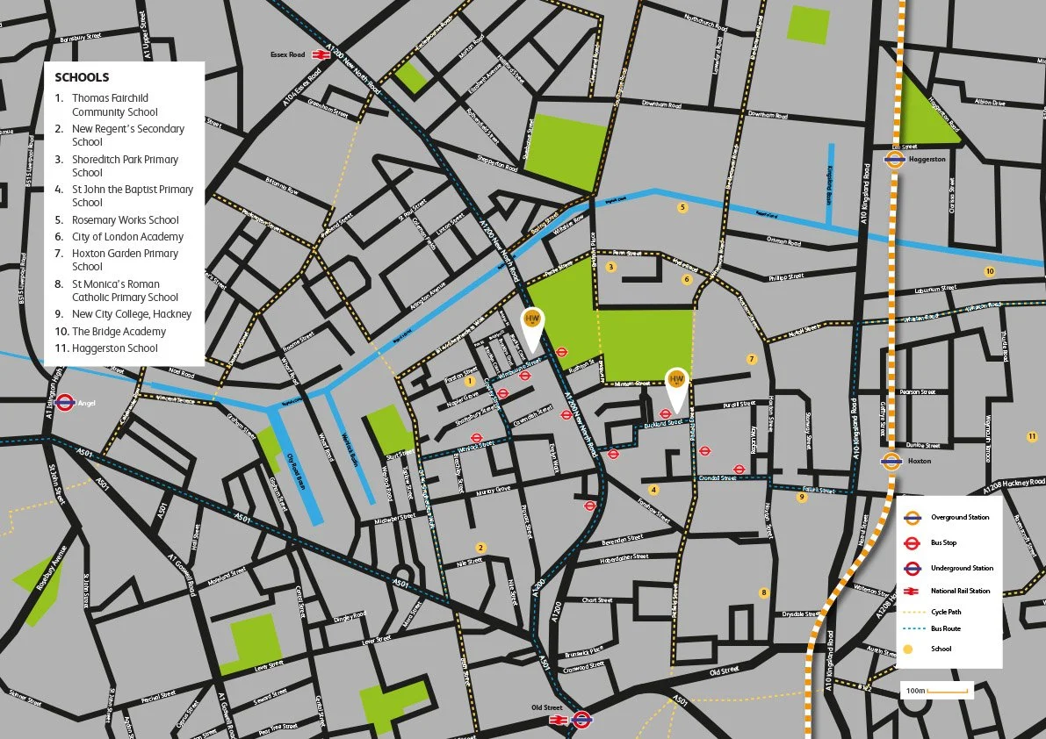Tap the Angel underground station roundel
[64, 402]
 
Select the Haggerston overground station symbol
[894, 159]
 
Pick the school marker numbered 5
[682, 208]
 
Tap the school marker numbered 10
[990, 271]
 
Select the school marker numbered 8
[763, 593]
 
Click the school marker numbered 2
[480, 548]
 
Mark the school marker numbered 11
[1032, 436]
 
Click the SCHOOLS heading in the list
[82, 77]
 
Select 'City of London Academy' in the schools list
[127, 237]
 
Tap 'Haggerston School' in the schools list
[114, 348]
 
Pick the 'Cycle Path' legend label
[946, 611]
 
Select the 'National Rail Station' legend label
[960, 591]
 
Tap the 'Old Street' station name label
[545, 707]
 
